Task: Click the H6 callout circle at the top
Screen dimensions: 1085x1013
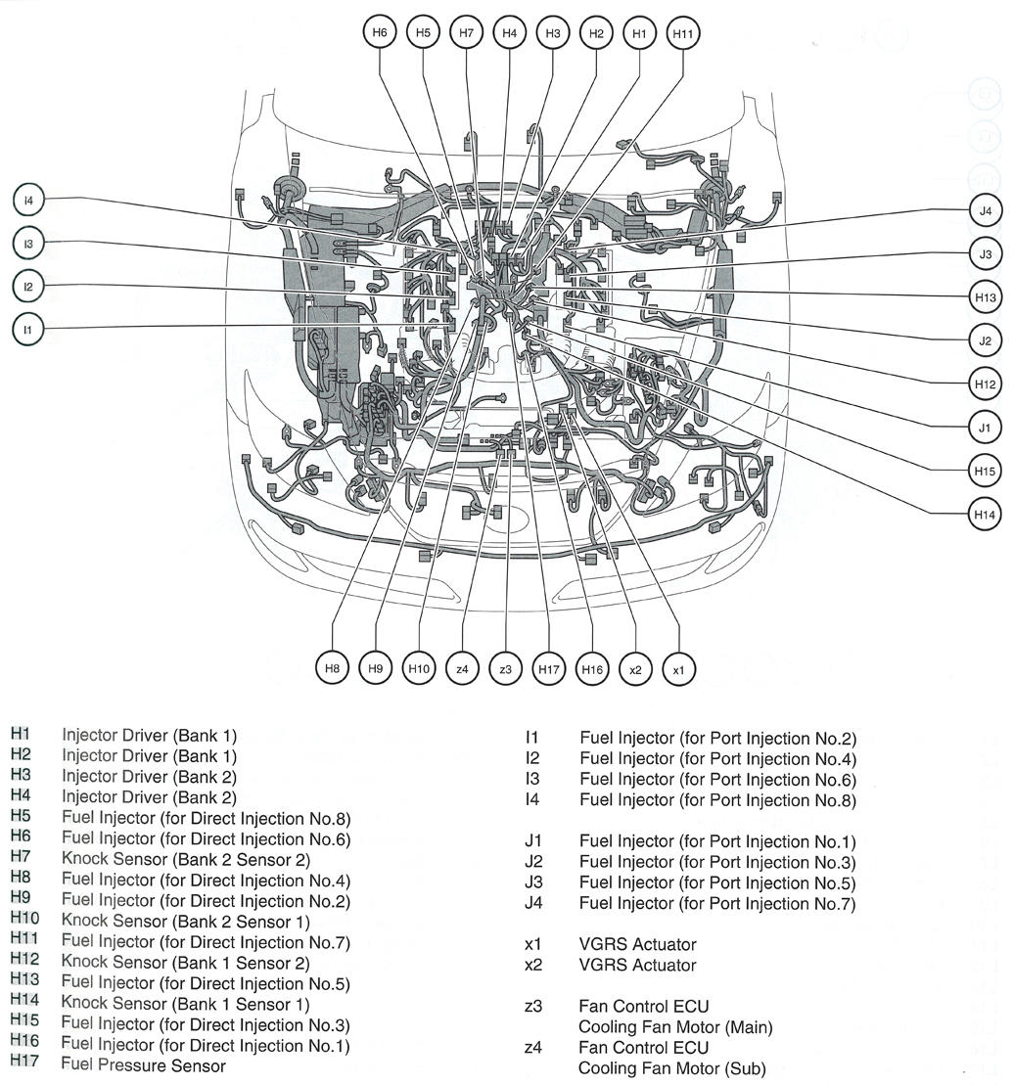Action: [x=380, y=32]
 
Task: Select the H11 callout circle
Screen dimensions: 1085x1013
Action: [x=682, y=32]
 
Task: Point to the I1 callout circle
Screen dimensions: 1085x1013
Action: [x=28, y=330]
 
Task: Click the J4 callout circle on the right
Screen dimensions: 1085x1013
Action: [x=985, y=210]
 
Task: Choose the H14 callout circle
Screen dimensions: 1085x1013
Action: [x=985, y=513]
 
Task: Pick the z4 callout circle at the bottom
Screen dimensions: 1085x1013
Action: [x=462, y=669]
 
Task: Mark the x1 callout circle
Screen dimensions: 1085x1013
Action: [x=678, y=669]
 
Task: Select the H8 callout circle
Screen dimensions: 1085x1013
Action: [x=333, y=669]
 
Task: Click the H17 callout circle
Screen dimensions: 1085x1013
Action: [x=548, y=669]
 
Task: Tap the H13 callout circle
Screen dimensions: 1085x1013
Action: [x=985, y=296]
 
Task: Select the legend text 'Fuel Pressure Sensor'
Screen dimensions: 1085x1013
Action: [x=143, y=1065]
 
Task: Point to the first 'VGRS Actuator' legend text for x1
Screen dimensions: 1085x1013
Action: [x=637, y=944]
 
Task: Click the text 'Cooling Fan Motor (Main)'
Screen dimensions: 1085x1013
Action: [x=675, y=1027]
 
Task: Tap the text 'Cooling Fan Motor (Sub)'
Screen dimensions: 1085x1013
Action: [x=671, y=1068]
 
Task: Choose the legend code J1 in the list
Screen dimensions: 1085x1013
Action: [x=533, y=841]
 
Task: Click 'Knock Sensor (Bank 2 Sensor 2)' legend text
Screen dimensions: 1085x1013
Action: [x=185, y=860]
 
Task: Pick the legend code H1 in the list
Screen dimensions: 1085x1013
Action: [x=21, y=735]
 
